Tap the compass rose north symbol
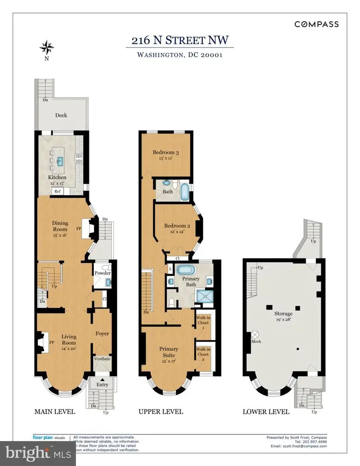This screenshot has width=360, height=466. pyautogui.click(x=46, y=46)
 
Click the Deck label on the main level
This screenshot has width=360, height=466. pyautogui.click(x=61, y=115)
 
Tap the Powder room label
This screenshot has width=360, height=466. pyautogui.click(x=103, y=273)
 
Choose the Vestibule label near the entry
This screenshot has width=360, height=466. pyautogui.click(x=102, y=359)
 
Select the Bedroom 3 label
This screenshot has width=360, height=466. pyautogui.click(x=166, y=152)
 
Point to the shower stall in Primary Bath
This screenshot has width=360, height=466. pyautogui.click(x=203, y=297)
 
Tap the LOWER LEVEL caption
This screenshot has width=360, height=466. pyautogui.click(x=266, y=412)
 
